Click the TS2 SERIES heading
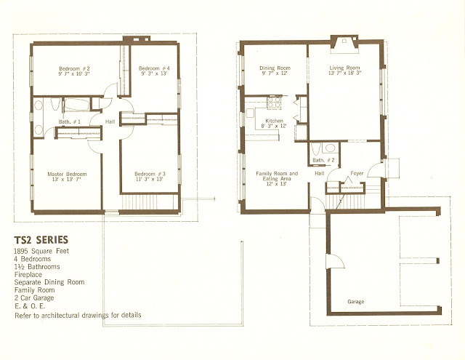[x=41, y=240]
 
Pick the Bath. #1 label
[x=70, y=121]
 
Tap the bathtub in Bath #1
[x=76, y=105]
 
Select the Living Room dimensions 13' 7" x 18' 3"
[x=344, y=73]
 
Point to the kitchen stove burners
[x=275, y=102]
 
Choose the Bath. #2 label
[x=323, y=160]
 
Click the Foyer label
[x=357, y=173]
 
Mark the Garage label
[x=355, y=302]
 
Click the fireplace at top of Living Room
[x=344, y=44]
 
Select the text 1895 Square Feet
[x=41, y=251]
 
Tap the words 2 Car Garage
[x=34, y=298]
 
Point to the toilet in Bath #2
[x=315, y=149]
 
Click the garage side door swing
[x=336, y=262]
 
